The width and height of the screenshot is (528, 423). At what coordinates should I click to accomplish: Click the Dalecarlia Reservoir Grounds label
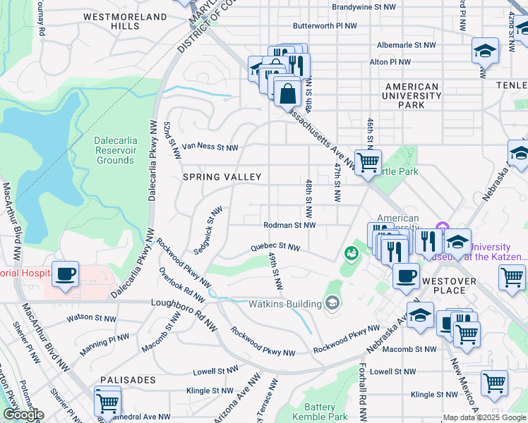[x=114, y=150]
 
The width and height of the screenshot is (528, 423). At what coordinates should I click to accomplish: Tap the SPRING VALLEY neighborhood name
[x=222, y=177]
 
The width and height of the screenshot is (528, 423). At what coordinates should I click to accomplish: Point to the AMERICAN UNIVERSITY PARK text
[x=412, y=96]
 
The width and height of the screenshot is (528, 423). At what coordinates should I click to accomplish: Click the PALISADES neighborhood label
[x=128, y=380]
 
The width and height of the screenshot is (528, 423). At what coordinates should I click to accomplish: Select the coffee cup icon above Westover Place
[x=406, y=275]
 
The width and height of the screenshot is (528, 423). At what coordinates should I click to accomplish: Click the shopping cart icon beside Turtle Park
[x=368, y=163]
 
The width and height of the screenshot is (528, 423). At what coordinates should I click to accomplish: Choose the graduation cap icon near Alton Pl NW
[x=485, y=51]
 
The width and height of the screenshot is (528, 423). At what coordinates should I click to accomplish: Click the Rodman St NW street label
[x=289, y=225]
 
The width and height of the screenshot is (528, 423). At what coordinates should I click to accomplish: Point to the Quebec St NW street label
[x=275, y=248]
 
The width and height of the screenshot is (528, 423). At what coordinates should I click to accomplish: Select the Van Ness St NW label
[x=210, y=147]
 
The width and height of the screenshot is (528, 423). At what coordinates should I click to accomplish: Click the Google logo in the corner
[x=23, y=415]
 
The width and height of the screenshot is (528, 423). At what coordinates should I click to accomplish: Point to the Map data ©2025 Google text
[x=484, y=417]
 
